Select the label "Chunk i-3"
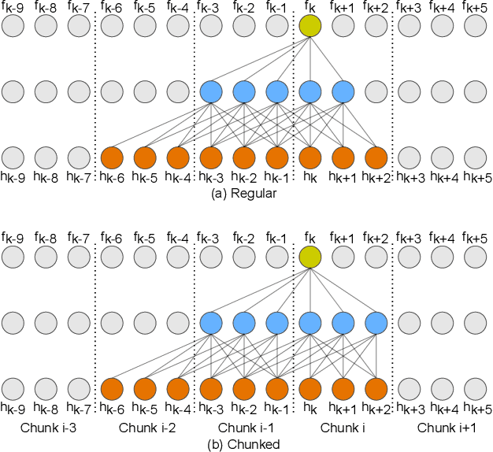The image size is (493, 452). coord(46,428)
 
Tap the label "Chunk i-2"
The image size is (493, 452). coord(145,428)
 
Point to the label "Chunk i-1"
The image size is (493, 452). coord(243,428)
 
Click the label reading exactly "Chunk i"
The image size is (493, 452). coord(343,428)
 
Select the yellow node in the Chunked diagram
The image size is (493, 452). coord(310,257)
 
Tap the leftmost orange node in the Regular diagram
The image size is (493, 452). coord(112,157)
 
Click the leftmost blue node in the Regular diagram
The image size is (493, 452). coord(211,92)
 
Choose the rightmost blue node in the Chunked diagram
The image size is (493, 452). coord(376,323)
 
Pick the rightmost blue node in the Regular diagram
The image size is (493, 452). coord(343,92)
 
